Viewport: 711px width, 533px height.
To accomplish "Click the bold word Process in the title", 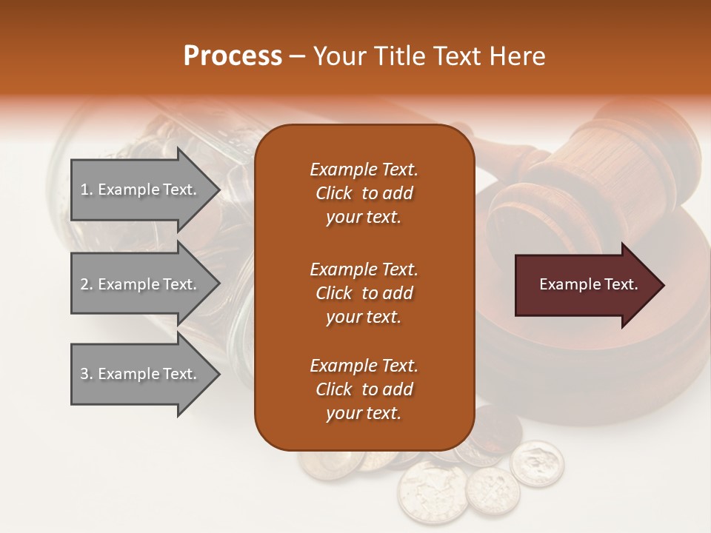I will pos(233,56).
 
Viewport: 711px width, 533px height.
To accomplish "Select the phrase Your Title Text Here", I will pos(429,56).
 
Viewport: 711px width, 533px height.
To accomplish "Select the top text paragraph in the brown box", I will pos(364,193).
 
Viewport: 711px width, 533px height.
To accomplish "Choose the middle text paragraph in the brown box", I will pos(364,292).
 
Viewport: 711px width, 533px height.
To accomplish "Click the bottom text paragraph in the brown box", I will pos(364,389).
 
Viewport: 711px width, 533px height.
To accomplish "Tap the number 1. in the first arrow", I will pos(87,190).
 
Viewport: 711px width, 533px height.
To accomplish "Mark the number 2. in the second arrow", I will pos(87,284).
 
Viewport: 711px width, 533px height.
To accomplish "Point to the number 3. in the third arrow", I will pos(87,374).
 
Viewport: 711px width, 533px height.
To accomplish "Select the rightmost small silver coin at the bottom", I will pos(537,463).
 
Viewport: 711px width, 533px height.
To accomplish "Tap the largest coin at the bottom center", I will pos(433,492).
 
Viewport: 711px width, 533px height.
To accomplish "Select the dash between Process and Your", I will pos(297,56).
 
